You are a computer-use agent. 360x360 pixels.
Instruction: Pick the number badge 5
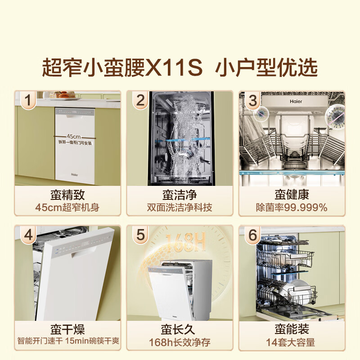coord(140,235)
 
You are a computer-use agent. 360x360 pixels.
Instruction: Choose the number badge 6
coord(252,235)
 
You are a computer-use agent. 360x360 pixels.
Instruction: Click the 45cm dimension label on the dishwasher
coord(73,135)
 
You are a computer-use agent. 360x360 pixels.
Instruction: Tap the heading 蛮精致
coord(67,195)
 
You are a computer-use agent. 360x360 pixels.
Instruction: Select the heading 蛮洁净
coord(180,195)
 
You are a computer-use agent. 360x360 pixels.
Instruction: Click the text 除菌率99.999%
coord(292,207)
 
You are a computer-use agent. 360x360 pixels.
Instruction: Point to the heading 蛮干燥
coord(67,329)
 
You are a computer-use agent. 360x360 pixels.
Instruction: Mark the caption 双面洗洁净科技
coord(180,207)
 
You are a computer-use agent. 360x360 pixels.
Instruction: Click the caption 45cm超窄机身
coord(67,207)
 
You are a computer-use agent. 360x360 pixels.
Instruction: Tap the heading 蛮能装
coord(292,329)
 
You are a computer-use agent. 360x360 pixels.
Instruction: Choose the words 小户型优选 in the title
coord(266,67)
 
